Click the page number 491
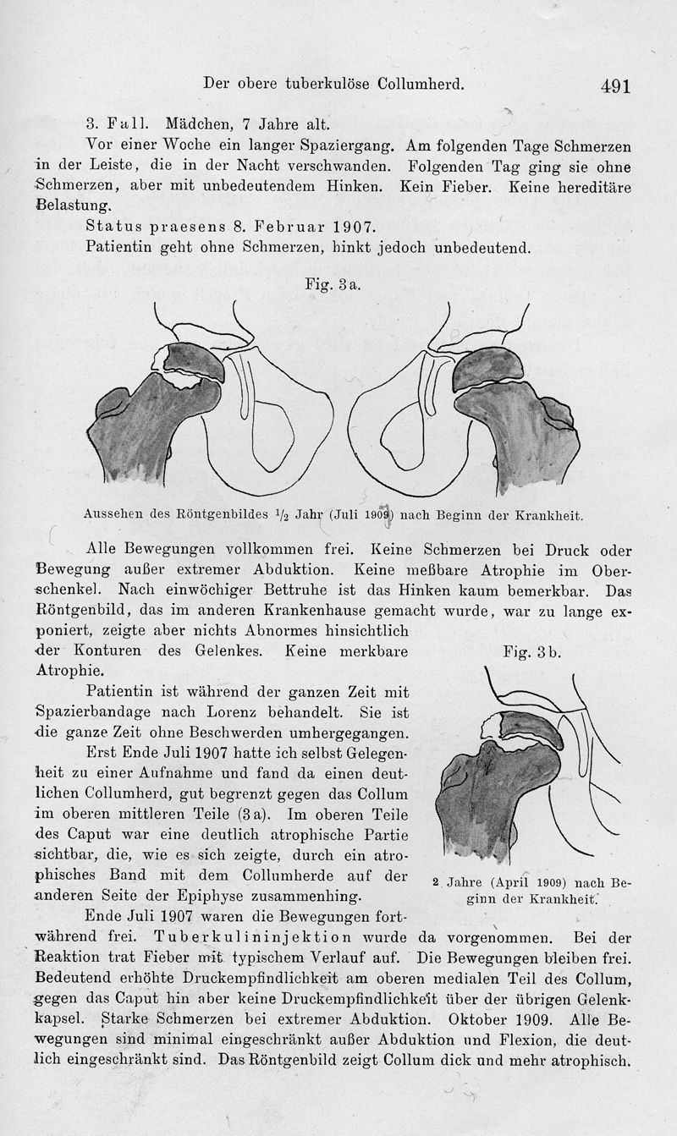tap(616, 86)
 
